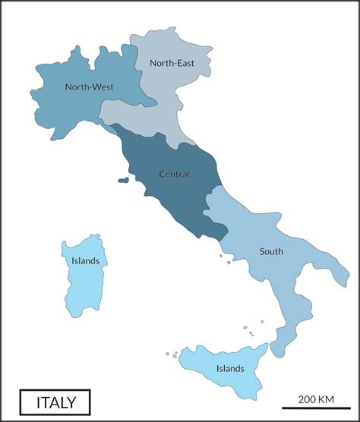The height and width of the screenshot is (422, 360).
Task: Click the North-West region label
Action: coord(89,87)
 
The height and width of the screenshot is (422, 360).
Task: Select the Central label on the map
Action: coord(174,174)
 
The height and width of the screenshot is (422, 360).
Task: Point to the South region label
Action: coord(271,251)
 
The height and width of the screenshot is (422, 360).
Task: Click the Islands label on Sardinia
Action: coord(85,260)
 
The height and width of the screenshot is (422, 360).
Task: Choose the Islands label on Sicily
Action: coord(229,369)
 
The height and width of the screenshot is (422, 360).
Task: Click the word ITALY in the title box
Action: coord(55,401)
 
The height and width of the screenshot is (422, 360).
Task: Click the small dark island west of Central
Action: coord(123,180)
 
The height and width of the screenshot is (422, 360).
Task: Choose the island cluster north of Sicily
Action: coord(249,332)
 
